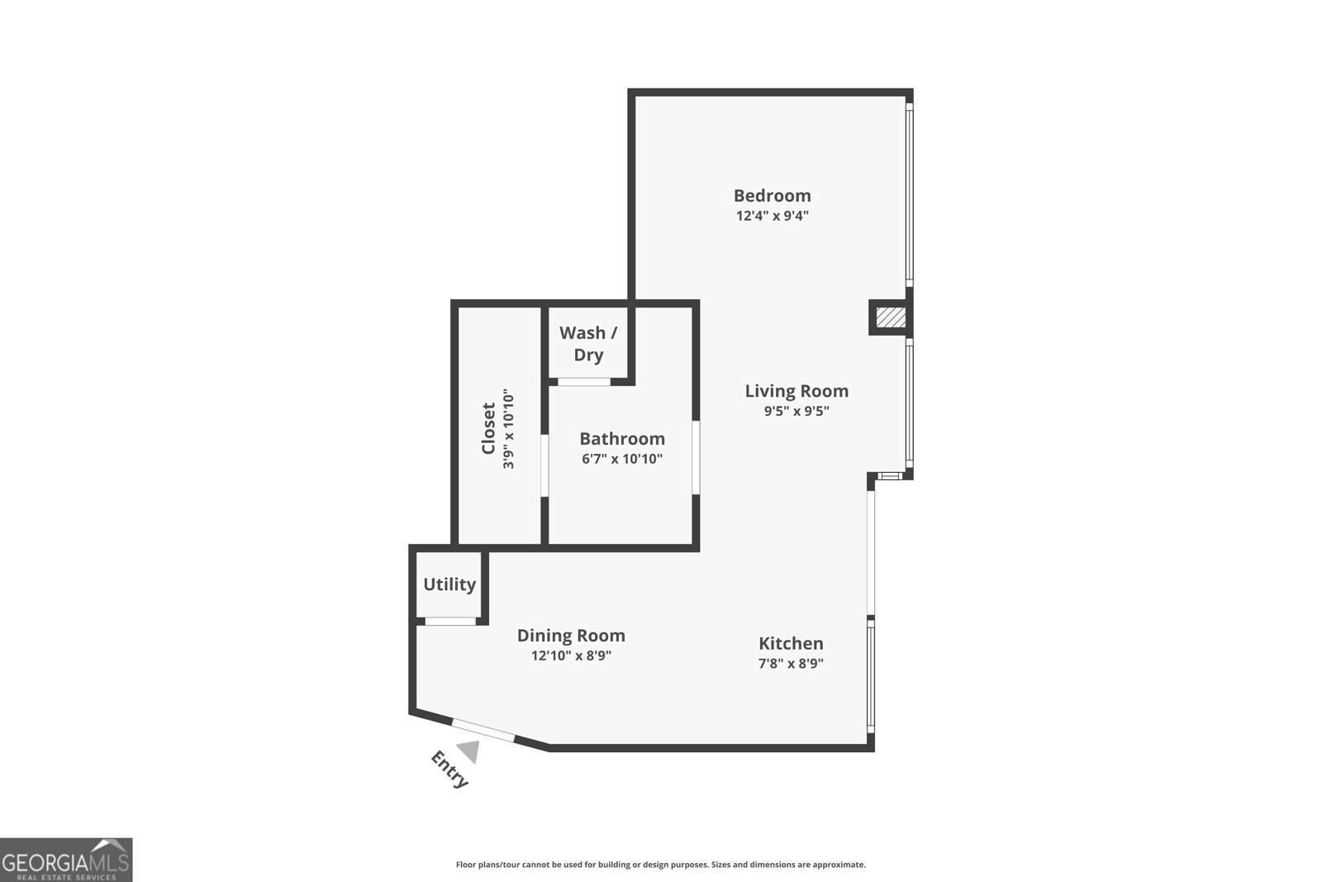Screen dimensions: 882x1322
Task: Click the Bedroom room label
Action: pos(772,196)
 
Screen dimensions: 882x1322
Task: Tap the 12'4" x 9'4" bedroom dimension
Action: pos(772,217)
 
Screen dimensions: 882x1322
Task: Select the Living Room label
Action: pos(797,391)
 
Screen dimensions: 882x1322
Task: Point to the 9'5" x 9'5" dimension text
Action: pos(796,412)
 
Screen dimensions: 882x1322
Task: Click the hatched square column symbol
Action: pos(891,317)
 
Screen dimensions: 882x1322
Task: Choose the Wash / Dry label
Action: pos(588,344)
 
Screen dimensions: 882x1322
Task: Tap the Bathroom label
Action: pos(621,439)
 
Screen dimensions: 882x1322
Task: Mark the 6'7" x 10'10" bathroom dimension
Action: pos(621,460)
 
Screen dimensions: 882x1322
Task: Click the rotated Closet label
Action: pos(488,428)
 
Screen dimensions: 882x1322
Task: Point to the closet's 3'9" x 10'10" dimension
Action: pos(509,430)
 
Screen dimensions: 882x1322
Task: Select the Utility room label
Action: pos(449,584)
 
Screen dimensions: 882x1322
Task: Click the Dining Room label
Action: pos(571,636)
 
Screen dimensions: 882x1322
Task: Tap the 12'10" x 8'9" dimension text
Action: pos(571,656)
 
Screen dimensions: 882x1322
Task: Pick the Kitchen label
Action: pos(791,643)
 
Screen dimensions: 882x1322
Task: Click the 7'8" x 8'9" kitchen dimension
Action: pos(791,664)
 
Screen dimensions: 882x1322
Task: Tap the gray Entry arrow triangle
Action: pos(469,751)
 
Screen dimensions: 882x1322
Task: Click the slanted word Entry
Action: pos(449,770)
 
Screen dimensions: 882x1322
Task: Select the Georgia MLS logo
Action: pos(66,860)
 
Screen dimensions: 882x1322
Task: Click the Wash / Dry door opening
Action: pos(583,382)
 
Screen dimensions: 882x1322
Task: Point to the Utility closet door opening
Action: pos(450,621)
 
